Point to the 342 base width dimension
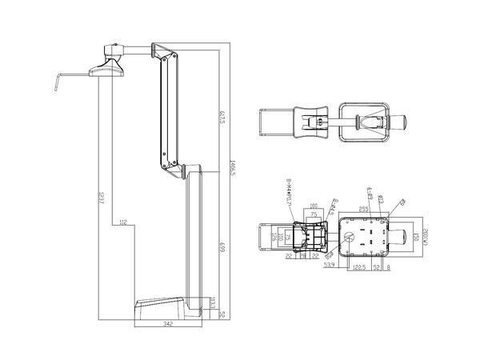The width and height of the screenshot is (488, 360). (x=167, y=323)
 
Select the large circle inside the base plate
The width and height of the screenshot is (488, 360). (x=350, y=238)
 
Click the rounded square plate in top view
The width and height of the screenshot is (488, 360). (x=364, y=122)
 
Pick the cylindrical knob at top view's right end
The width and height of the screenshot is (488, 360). (x=399, y=122)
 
